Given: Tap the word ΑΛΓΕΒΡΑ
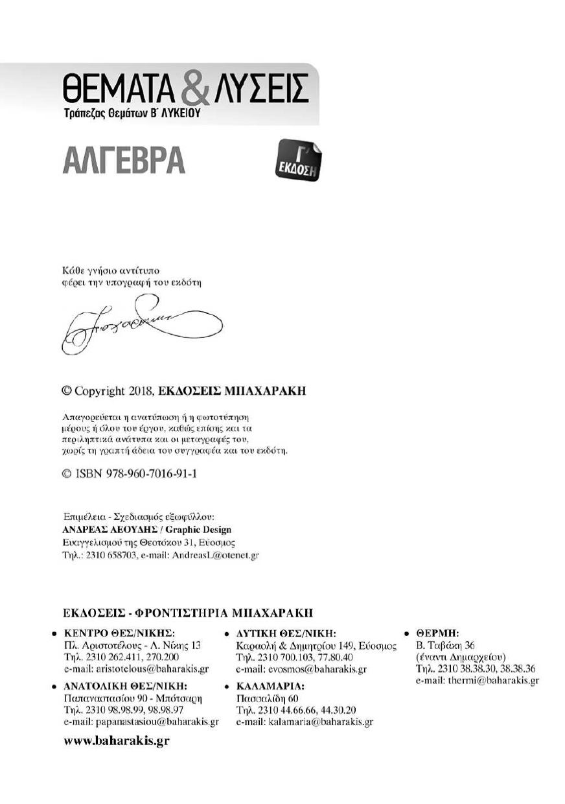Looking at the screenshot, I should pyautogui.click(x=124, y=160).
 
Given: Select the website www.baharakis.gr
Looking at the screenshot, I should pyautogui.click(x=117, y=740).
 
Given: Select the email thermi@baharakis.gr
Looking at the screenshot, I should pyautogui.click(x=478, y=681).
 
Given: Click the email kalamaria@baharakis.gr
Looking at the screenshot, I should pyautogui.click(x=305, y=721).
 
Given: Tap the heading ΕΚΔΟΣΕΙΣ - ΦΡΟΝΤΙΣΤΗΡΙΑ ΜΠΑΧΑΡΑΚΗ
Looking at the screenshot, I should pyautogui.click(x=188, y=612).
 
